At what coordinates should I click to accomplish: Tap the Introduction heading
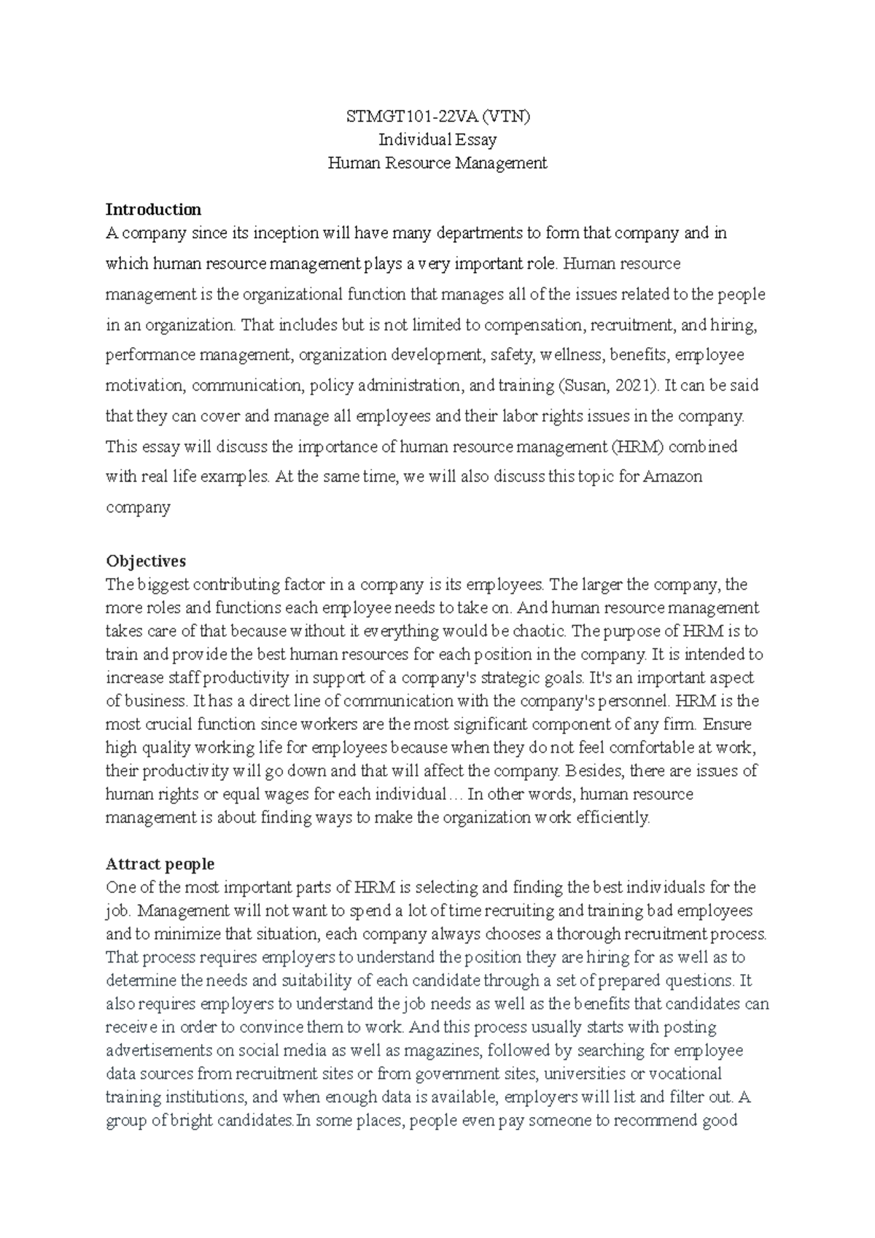point(153,209)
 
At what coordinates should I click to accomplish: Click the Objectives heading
point(146,561)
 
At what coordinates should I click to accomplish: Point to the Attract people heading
point(160,864)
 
